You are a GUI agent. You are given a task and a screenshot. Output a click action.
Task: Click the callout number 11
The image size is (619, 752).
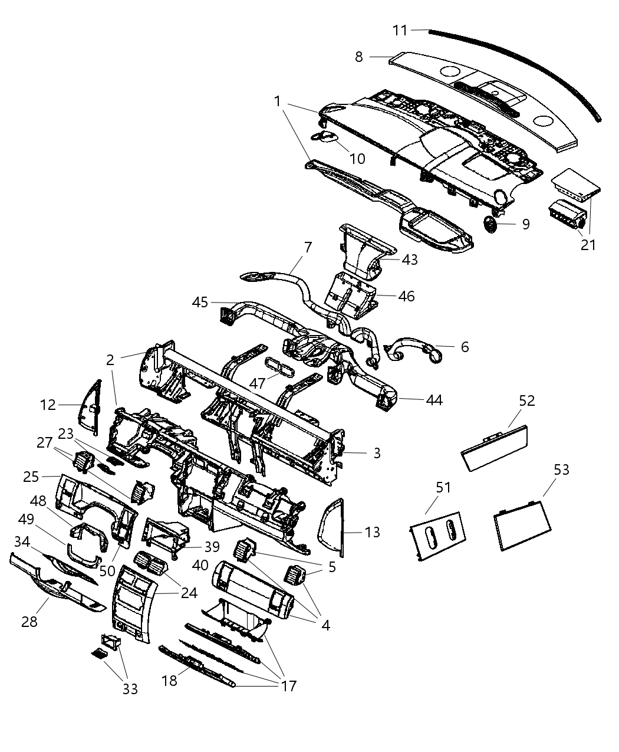[400, 29]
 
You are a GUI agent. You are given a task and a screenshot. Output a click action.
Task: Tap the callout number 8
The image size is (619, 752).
[358, 57]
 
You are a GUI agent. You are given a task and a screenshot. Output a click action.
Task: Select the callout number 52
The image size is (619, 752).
[526, 400]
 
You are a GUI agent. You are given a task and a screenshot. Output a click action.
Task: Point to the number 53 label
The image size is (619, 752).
[561, 469]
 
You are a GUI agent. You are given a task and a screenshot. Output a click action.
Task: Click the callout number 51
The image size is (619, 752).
[443, 487]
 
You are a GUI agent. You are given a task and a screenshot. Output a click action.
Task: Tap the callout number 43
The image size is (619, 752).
[409, 260]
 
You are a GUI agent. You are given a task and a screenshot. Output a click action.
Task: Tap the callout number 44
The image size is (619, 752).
[434, 400]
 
